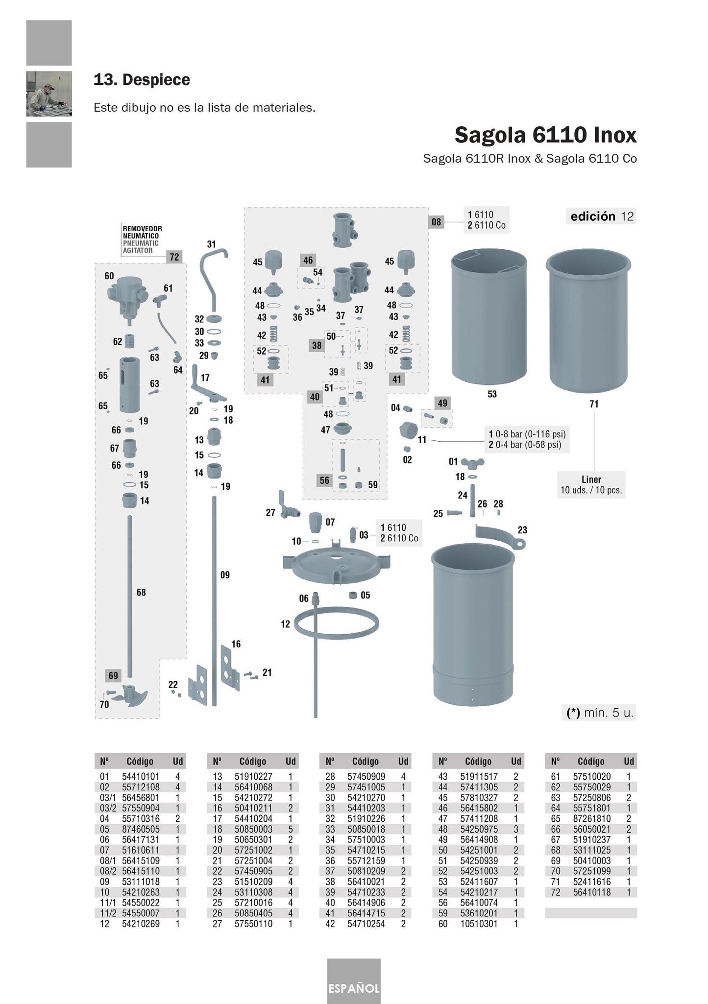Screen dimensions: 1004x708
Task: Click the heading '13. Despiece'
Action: click(x=142, y=80)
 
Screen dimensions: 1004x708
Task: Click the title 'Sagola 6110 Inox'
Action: click(x=545, y=135)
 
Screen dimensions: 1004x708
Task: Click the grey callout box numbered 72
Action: click(x=174, y=257)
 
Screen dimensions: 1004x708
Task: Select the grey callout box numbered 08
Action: click(x=436, y=222)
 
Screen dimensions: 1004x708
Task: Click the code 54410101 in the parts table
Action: click(x=141, y=776)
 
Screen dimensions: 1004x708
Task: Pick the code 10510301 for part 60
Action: click(x=479, y=924)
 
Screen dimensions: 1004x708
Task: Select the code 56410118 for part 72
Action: click(x=592, y=892)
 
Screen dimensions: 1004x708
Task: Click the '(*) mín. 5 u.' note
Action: click(x=599, y=713)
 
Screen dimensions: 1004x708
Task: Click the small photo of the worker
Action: click(x=49, y=94)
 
